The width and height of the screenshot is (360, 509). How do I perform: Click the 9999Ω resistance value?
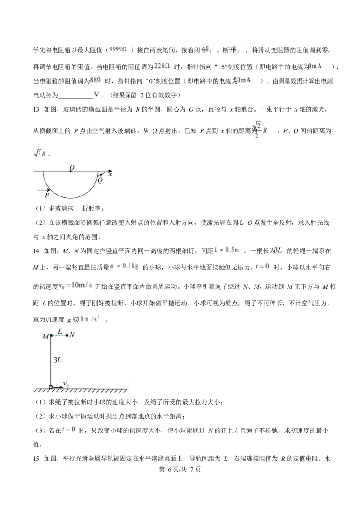tap(119, 49)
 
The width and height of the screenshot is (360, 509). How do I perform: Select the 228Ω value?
tap(162, 66)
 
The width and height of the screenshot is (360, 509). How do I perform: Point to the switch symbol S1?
tap(208, 49)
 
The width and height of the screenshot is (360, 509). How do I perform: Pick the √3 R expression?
tap(40, 154)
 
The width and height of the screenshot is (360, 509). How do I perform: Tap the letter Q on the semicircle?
tap(100, 180)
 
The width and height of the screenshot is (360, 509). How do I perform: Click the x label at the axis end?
tap(110, 174)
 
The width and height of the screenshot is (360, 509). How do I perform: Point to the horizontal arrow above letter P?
tap(45, 190)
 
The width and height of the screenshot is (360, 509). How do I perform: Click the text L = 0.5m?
tap(228, 250)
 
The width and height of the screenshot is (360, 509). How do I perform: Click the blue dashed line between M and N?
tap(59, 335)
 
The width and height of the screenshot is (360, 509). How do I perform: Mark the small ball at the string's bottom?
tap(51, 387)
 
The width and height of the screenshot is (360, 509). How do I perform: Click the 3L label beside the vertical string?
tap(58, 360)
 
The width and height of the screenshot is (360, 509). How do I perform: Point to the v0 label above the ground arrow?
tap(66, 384)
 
